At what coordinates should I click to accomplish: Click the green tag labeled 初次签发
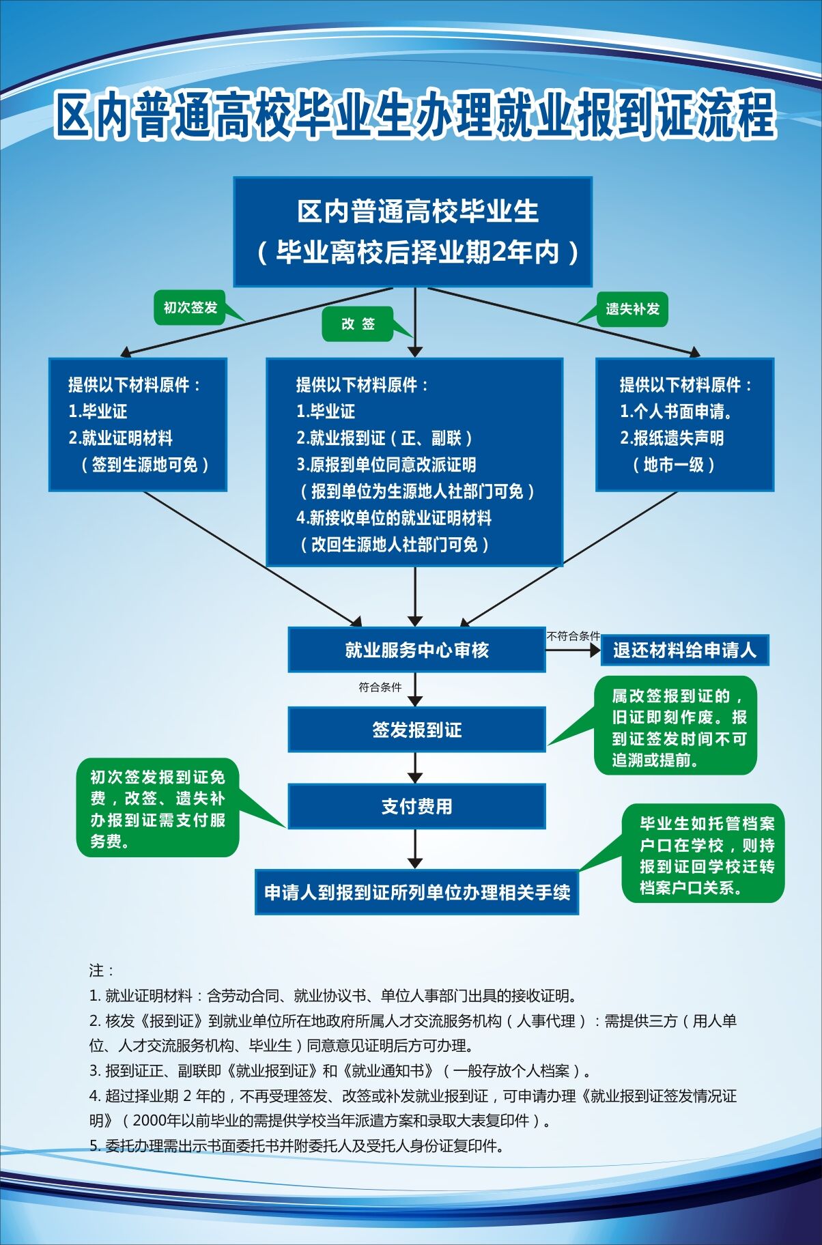(190, 308)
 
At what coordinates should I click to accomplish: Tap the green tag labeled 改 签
(358, 324)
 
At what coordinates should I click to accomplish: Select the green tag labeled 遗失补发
(632, 309)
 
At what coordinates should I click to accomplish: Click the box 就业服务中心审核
(416, 650)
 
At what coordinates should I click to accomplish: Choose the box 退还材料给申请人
(684, 650)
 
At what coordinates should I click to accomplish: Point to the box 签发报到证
(416, 730)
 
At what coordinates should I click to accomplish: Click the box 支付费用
(416, 807)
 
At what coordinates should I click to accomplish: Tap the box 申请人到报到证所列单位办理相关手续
(416, 892)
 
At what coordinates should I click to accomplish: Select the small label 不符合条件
(573, 636)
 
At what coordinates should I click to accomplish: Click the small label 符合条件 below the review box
(380, 687)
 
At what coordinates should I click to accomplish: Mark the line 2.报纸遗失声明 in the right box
(672, 438)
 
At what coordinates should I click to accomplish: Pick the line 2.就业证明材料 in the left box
(120, 438)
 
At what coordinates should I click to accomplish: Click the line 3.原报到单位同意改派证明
(386, 465)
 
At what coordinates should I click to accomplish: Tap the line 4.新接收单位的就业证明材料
(394, 518)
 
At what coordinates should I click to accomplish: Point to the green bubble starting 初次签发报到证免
(158, 809)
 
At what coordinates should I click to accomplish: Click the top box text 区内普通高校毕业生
(417, 212)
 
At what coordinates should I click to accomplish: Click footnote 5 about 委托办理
(297, 1146)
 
